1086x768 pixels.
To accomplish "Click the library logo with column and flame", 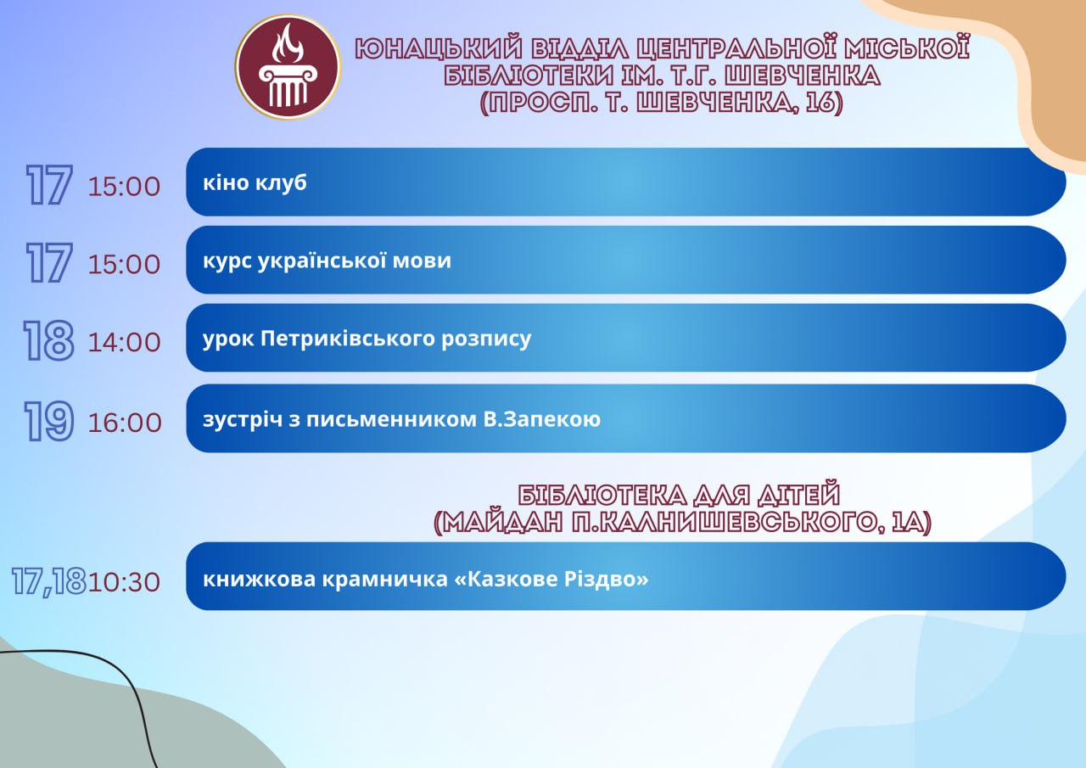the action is click(288, 66).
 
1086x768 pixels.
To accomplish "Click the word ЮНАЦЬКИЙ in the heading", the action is click(439, 49).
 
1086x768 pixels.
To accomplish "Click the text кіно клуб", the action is click(255, 182).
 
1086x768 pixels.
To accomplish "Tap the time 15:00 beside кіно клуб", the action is click(124, 187).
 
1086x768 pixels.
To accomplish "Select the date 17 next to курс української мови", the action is click(49, 262).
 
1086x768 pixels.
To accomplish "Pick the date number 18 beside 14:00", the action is click(48, 340).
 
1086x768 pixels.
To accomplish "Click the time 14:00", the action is click(124, 342).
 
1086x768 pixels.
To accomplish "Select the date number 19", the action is click(49, 421).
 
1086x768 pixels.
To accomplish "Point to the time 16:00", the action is click(125, 423).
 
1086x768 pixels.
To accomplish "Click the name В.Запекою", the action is click(542, 419).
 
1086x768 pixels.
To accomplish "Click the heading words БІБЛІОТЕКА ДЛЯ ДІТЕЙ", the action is click(679, 495).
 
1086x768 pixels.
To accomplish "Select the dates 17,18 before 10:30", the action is click(49, 580).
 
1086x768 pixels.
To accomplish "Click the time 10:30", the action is click(124, 582).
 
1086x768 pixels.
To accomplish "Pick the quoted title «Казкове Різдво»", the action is click(552, 579).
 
